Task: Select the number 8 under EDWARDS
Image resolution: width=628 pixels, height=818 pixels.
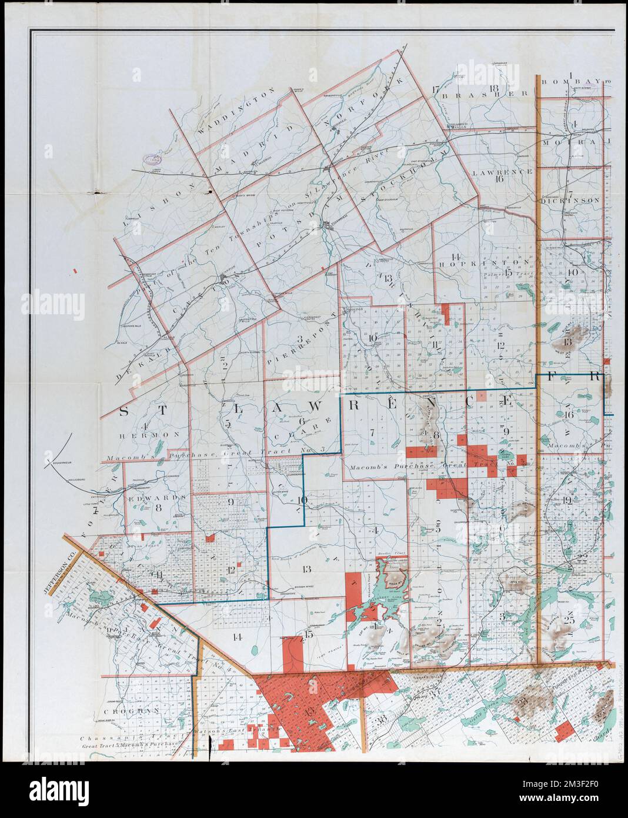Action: (x=158, y=508)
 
